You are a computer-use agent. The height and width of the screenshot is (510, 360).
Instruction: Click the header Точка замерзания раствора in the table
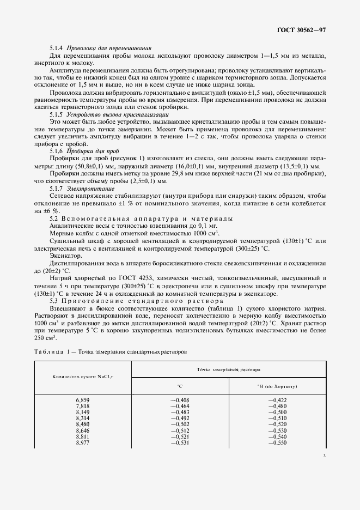(x=228, y=369)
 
